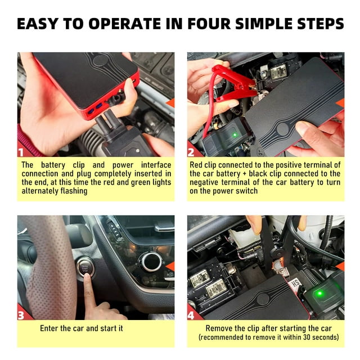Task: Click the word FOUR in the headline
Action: [209, 24]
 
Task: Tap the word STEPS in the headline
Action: [320, 24]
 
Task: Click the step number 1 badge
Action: [21, 152]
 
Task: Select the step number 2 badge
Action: [191, 152]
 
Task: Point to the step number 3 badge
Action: [21, 316]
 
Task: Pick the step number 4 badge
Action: [191, 316]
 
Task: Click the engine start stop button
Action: [85, 268]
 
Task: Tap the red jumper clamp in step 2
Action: [232, 83]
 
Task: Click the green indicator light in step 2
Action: [235, 135]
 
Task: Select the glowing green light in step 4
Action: [320, 294]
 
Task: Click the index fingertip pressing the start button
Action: [87, 277]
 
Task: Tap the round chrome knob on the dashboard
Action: [151, 262]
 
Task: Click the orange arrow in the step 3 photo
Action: [170, 266]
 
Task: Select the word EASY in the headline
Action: [38, 24]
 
